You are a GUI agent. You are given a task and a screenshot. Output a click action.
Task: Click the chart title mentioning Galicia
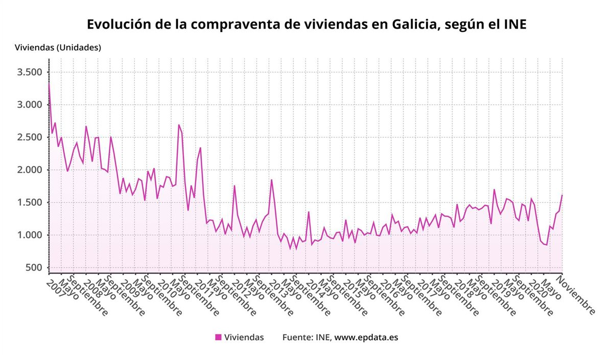[x=306, y=25]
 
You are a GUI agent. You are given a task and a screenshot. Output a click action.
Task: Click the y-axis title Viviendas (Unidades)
[x=58, y=47]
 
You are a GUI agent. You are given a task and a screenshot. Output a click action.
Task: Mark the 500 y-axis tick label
[x=34, y=268]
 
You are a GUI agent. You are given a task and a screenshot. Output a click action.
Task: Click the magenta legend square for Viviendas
[x=218, y=337]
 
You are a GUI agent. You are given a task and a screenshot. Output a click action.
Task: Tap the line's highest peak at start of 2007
[x=49, y=83]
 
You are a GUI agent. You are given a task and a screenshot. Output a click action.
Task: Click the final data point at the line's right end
[x=562, y=195]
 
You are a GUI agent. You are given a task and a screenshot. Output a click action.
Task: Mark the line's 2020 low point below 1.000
[x=547, y=245]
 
